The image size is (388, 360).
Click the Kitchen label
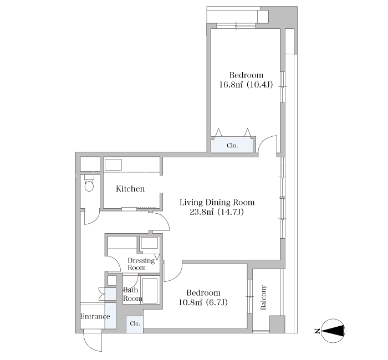click(130, 189)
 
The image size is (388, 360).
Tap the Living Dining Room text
click(217, 203)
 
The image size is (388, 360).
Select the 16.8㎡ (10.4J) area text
click(246, 85)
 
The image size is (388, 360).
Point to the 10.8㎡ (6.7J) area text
click(203, 302)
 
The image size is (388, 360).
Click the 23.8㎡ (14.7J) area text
click(217, 212)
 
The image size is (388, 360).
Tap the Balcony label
click(263, 297)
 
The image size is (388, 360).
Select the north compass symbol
click(333, 331)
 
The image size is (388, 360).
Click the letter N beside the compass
click(316, 331)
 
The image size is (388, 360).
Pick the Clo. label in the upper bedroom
click(232, 146)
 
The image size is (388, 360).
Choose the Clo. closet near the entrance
click(135, 323)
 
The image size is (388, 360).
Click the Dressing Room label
click(141, 264)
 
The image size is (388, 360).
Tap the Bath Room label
click(132, 294)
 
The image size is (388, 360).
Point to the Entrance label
click(95, 316)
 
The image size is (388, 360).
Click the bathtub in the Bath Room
click(150, 291)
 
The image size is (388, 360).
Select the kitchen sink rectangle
click(113, 165)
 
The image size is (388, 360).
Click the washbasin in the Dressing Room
click(149, 243)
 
